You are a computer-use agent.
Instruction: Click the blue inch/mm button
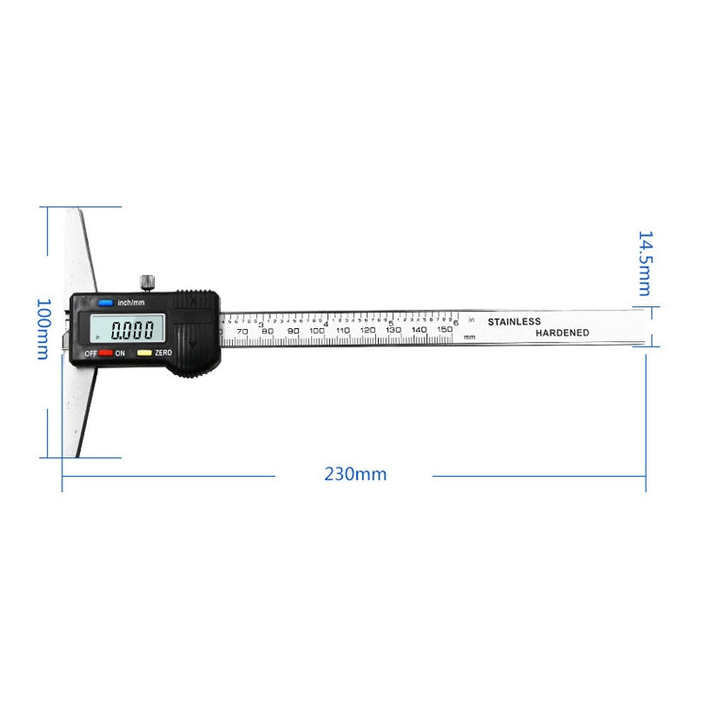coord(104,303)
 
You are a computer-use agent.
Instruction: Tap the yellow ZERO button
coord(143,353)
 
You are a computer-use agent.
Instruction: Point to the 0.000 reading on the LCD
coord(131,331)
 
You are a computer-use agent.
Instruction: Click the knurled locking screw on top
coord(146,280)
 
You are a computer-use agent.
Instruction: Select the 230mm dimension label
coord(355,474)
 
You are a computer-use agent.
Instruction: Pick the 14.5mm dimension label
coord(645,263)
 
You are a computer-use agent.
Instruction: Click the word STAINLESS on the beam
coord(514,321)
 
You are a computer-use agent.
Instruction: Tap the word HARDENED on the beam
coord(562,333)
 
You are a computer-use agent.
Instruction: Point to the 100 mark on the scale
coord(317,331)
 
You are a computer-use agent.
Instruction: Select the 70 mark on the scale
coord(242,331)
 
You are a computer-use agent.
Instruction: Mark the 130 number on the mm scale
coord(394,331)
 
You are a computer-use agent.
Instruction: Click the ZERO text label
coord(163,353)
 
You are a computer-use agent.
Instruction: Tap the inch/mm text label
coord(131,303)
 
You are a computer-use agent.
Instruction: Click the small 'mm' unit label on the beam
coord(469,337)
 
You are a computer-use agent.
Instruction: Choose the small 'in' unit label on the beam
coord(471,321)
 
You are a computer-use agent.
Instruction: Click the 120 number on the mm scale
coord(368,331)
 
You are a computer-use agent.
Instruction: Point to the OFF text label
coord(90,353)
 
